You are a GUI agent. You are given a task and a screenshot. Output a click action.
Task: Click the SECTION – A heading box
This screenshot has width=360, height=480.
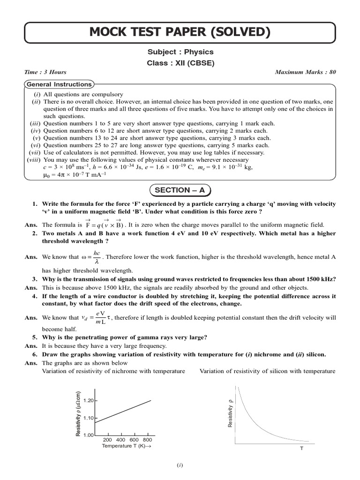tap(180, 190)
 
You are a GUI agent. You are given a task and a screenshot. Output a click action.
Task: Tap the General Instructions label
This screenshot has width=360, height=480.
tap(59, 84)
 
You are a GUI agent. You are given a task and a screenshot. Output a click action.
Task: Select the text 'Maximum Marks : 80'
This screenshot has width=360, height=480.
tap(306, 72)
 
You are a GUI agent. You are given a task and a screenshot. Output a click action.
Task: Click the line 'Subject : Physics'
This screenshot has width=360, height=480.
tap(180, 52)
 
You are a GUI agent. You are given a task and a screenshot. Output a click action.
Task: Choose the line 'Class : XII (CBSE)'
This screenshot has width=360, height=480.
tap(180, 63)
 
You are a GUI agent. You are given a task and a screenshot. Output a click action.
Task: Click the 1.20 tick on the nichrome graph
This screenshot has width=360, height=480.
tap(89, 400)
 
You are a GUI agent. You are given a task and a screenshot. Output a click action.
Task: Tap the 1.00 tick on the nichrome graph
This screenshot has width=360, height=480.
tap(89, 435)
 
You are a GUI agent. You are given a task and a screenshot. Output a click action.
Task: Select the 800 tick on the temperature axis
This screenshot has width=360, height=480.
tap(147, 440)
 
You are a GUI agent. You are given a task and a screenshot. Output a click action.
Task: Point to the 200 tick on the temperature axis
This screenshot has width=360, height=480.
tap(107, 440)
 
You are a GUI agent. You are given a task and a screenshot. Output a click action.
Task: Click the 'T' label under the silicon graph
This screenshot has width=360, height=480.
tap(301, 449)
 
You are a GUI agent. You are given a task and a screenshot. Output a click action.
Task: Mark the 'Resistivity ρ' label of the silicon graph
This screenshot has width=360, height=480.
tap(230, 412)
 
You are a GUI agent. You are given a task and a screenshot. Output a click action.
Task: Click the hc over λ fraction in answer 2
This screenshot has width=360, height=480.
tap(97, 257)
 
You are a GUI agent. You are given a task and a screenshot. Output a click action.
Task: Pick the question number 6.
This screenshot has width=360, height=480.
tap(35, 354)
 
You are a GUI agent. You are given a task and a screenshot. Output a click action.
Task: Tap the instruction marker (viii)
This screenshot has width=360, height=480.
tap(32, 159)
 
